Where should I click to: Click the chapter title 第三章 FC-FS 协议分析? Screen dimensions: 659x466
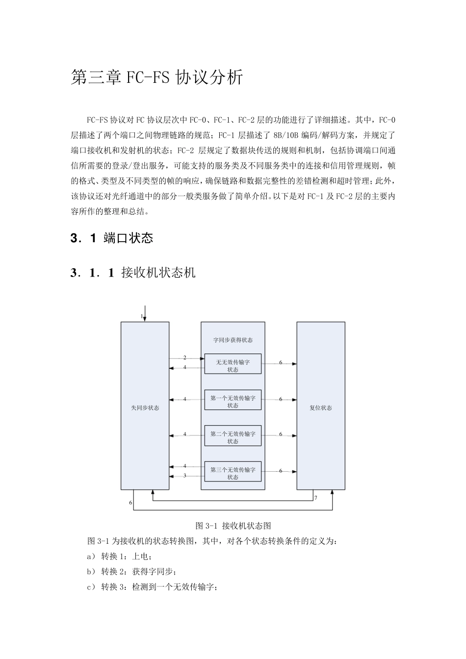tap(156, 77)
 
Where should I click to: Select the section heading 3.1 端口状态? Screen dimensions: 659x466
tap(112, 238)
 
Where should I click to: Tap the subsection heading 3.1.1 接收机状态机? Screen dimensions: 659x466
tap(133, 273)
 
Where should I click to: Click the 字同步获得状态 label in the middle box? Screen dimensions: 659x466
tap(233, 340)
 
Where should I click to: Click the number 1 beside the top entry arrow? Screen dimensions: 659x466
tap(142, 317)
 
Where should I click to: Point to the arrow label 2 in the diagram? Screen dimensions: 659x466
tap(185, 358)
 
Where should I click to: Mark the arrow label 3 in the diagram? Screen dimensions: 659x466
tap(185, 476)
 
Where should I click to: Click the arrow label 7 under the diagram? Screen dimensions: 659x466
tap(316, 498)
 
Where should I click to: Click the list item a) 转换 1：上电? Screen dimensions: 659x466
tap(119, 557)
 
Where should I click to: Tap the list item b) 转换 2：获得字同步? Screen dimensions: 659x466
tap(131, 572)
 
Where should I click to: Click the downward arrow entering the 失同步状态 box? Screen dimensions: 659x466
tap(145, 314)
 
